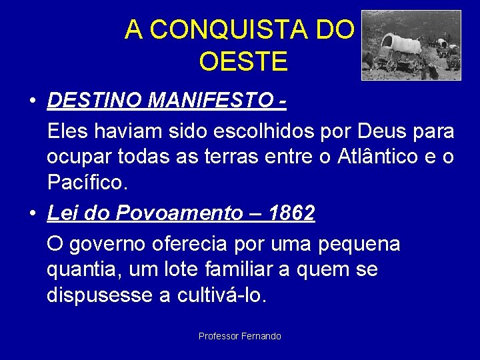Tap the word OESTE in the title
click(x=243, y=61)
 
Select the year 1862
click(x=291, y=213)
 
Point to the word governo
click(x=123, y=245)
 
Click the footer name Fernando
click(x=261, y=336)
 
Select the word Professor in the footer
click(x=218, y=336)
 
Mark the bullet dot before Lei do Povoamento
click(x=32, y=214)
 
